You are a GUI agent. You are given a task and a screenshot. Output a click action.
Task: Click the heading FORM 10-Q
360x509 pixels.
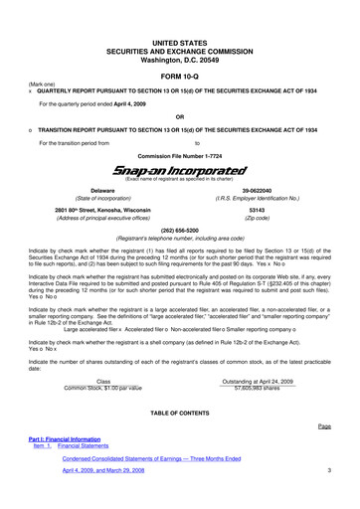[179, 75]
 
